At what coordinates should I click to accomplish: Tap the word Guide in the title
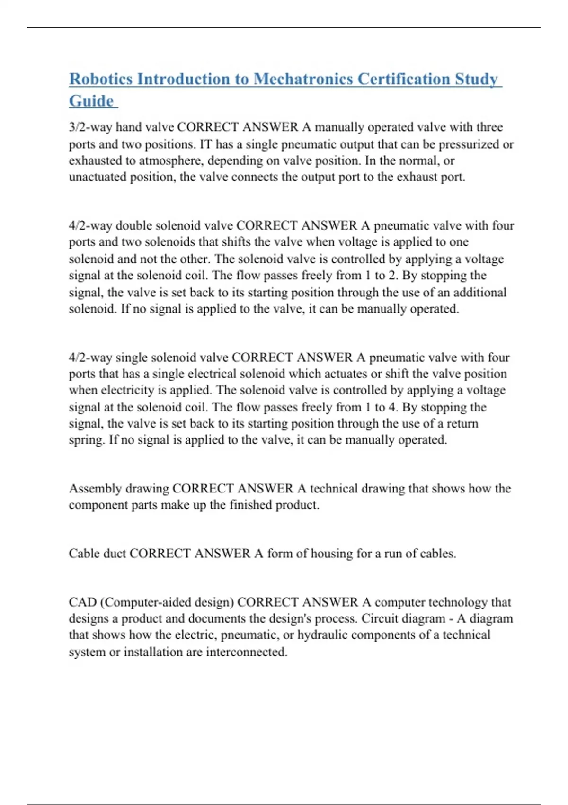pyautogui.click(x=91, y=101)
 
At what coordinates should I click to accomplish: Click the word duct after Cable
pyautogui.click(x=115, y=554)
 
